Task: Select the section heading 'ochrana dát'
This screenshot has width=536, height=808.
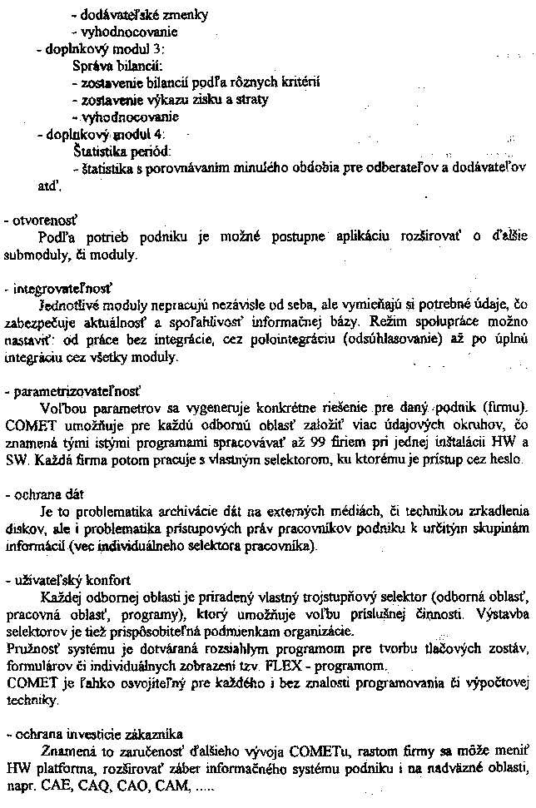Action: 42,493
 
